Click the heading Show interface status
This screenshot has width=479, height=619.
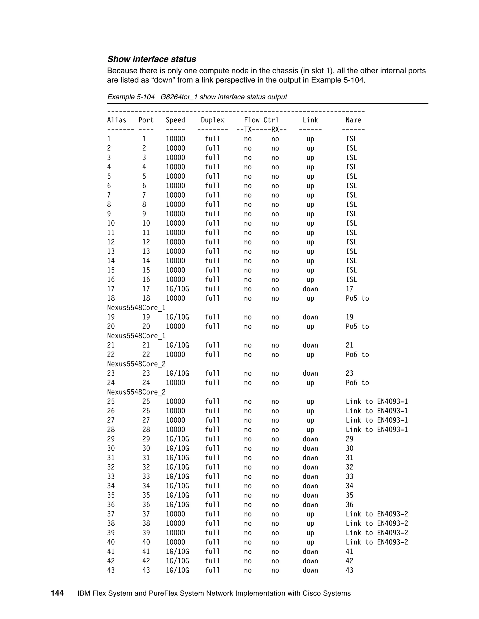tap(152, 59)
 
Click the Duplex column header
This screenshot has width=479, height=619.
tap(213, 120)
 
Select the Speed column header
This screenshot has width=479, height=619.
tap(175, 120)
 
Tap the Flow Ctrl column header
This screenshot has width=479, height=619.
tap(261, 120)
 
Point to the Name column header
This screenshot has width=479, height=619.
tap(353, 120)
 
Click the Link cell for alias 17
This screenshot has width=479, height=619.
tap(310, 289)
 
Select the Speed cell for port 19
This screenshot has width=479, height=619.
tap(177, 317)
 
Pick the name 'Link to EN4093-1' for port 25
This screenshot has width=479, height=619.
tap(377, 402)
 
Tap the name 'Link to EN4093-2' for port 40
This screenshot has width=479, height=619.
tap(377, 542)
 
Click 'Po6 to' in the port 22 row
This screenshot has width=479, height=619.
tap(357, 355)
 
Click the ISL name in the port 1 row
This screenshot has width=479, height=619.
tap(351, 139)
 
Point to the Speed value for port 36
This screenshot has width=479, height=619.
tap(177, 505)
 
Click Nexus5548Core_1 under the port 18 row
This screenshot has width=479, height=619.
tap(136, 308)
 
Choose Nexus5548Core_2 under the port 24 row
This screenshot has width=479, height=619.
tap(136, 392)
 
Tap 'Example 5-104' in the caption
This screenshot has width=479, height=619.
tap(131, 97)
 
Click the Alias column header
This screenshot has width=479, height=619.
tap(117, 120)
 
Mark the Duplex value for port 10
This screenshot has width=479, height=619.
tap(213, 223)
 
